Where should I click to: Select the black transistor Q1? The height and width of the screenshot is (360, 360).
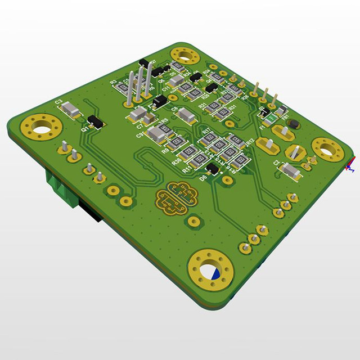[x=94, y=121]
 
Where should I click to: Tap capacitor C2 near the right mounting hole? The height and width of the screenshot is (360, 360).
[x=291, y=170]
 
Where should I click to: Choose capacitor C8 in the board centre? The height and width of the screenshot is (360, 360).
[x=186, y=116]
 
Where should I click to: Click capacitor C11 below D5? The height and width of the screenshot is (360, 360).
[x=175, y=83]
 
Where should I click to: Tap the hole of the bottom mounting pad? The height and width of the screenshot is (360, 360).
[x=212, y=272]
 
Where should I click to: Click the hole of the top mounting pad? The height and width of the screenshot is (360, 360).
[x=184, y=56]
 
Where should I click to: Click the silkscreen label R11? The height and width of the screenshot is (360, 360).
[x=186, y=167]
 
